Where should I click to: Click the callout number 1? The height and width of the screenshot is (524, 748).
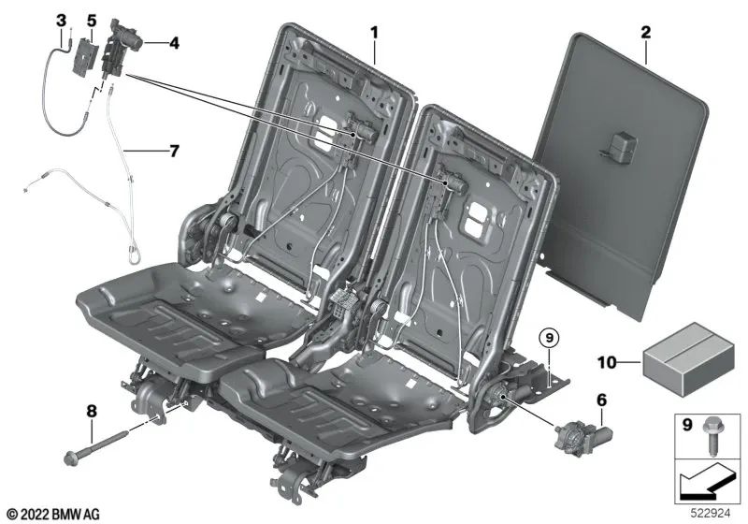coord(374,33)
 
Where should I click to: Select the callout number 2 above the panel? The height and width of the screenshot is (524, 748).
coord(645,33)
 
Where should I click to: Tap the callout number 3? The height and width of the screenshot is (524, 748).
coord(61,20)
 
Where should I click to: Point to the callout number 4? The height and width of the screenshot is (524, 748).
coord(175,42)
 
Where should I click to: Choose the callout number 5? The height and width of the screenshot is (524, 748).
coord(91,20)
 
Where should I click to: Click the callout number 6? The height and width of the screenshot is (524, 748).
coord(599,400)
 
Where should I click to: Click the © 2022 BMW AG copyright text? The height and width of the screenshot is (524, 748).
coord(51,513)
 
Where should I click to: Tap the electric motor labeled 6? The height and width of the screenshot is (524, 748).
coord(582,436)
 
